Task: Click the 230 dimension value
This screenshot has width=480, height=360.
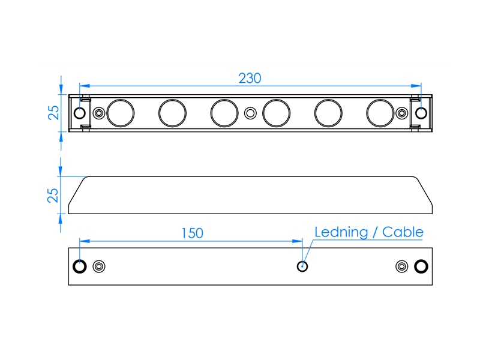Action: pyautogui.click(x=250, y=79)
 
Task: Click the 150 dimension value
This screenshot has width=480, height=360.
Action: pyautogui.click(x=192, y=233)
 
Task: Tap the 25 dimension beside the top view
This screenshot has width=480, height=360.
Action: pyautogui.click(x=53, y=113)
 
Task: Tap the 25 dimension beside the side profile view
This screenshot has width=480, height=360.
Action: pyautogui.click(x=53, y=196)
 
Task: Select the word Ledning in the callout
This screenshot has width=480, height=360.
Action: pyautogui.click(x=341, y=232)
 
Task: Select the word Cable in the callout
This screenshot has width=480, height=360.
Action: pyautogui.click(x=403, y=232)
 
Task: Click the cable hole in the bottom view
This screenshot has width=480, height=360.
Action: pyautogui.click(x=302, y=266)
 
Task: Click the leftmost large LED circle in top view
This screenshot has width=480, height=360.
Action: pyautogui.click(x=121, y=113)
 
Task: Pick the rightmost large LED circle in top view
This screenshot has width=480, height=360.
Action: pyautogui.click(x=380, y=113)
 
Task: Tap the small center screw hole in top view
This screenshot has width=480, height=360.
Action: pyautogui.click(x=250, y=113)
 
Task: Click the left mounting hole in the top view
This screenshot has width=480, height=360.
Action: pyautogui.click(x=80, y=113)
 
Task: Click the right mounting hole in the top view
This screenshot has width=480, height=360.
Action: pyautogui.click(x=421, y=113)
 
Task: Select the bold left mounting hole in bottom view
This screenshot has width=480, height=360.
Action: pyautogui.click(x=80, y=266)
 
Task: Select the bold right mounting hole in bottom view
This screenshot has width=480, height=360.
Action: pyautogui.click(x=421, y=266)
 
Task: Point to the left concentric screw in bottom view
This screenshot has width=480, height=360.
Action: pyautogui.click(x=99, y=266)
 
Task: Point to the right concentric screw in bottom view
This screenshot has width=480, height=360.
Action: pyautogui.click(x=401, y=266)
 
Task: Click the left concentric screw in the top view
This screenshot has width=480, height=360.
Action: pyautogui.click(x=99, y=113)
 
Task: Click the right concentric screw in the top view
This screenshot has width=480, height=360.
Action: pyautogui.click(x=401, y=113)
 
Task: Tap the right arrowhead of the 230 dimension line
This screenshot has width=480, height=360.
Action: pyautogui.click(x=416, y=86)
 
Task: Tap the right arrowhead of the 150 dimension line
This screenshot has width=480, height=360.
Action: pyautogui.click(x=297, y=241)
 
